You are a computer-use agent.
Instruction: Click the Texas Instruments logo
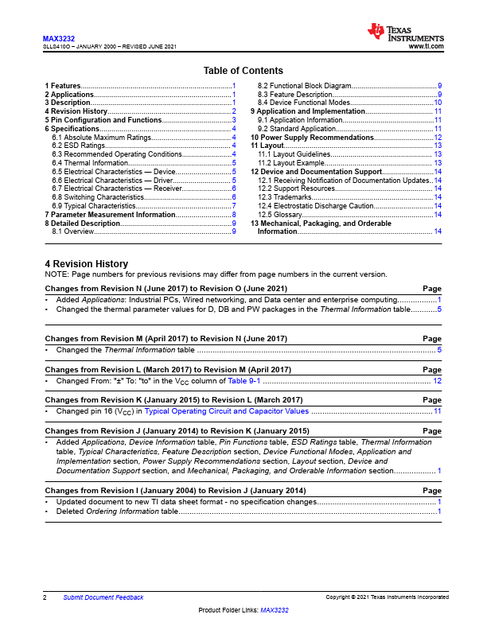405,33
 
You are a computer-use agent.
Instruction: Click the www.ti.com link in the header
425,47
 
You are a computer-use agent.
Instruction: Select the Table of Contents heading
243,71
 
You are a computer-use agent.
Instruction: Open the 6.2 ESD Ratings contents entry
79,146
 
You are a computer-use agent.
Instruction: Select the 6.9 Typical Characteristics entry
89,206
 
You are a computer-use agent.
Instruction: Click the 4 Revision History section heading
86,264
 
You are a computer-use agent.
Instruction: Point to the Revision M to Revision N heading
166,339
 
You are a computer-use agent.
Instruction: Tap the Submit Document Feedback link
103,597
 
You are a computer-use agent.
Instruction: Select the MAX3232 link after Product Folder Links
274,610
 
